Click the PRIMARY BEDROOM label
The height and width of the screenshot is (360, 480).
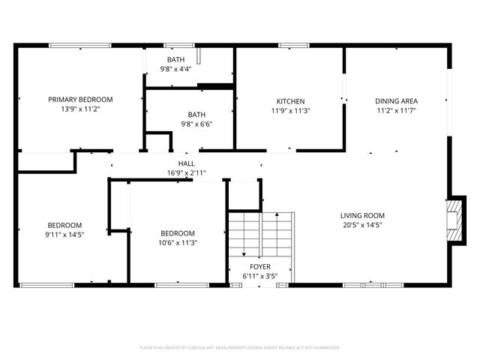click(x=80, y=100)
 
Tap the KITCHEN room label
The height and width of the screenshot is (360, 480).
click(x=290, y=100)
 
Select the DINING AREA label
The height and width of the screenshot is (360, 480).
click(x=397, y=100)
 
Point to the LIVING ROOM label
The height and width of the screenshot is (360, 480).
click(x=362, y=215)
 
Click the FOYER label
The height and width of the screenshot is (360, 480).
click(x=260, y=267)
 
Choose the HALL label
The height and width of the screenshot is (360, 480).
click(x=186, y=163)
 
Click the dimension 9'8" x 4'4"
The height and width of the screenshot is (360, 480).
click(x=175, y=69)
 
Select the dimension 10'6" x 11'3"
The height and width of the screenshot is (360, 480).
click(x=177, y=242)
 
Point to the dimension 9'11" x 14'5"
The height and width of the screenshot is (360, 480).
click(x=65, y=235)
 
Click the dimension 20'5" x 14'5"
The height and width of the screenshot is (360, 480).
click(x=362, y=225)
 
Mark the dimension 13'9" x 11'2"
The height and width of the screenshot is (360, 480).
click(x=80, y=109)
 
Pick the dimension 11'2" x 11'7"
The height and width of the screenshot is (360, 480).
click(x=397, y=110)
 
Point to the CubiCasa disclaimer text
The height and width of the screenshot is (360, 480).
click(x=240, y=348)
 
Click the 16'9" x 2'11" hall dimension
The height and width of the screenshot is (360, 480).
click(x=186, y=173)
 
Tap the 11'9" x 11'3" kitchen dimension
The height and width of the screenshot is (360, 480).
click(x=290, y=110)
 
